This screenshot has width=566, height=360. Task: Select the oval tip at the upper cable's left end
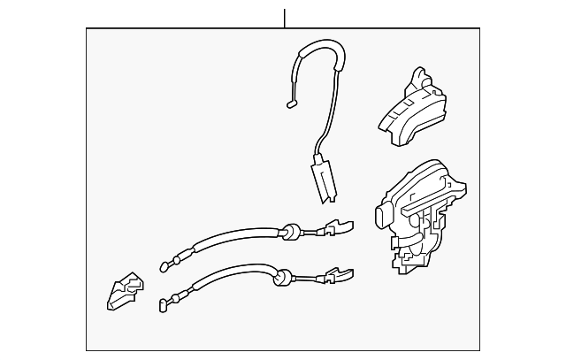tap(163, 264)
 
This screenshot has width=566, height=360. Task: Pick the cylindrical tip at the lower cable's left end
tap(163, 307)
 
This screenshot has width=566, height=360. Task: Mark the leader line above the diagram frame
tap(285, 18)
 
